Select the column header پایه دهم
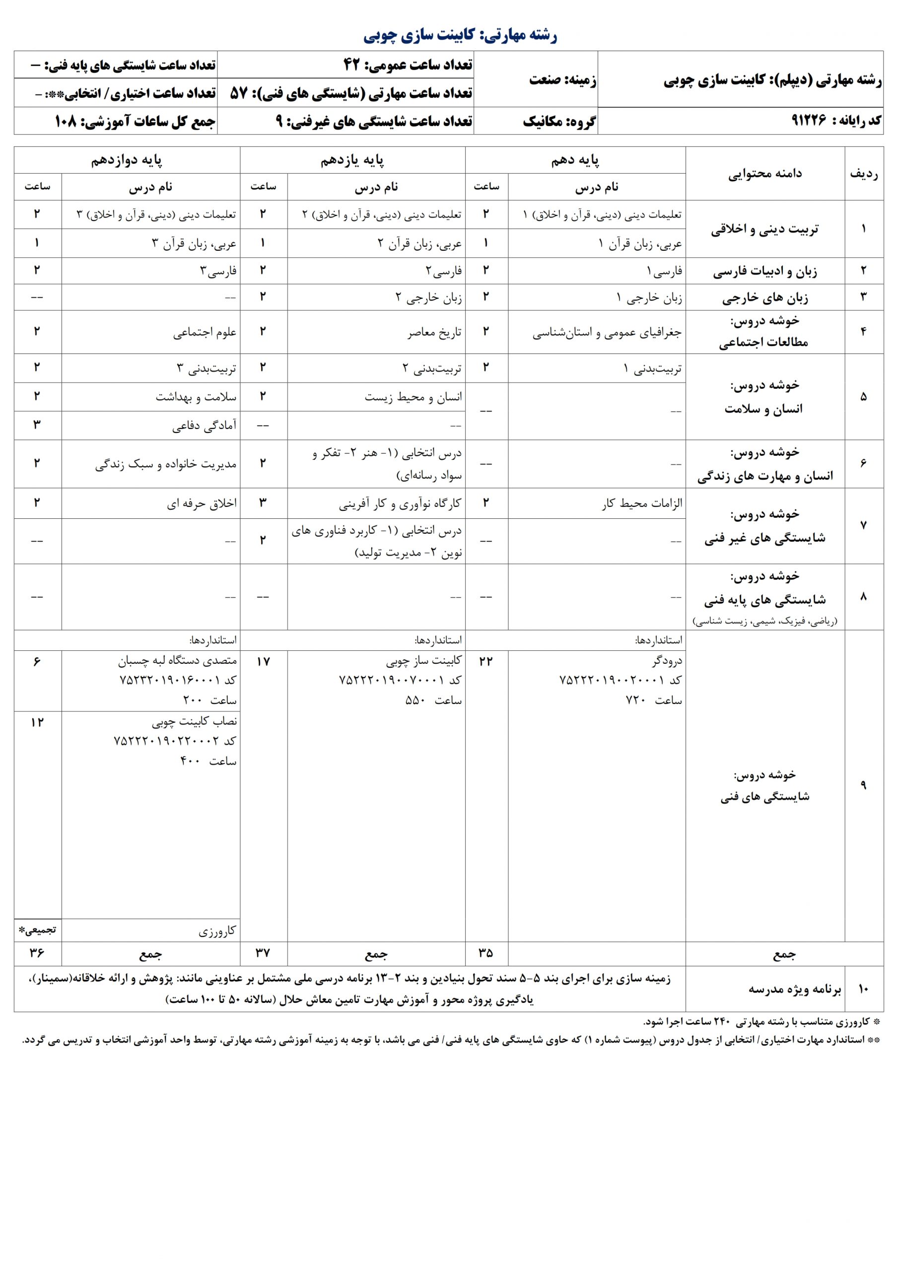coord(575,160)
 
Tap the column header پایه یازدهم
coord(352,160)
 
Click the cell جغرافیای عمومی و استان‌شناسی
coord(607,333)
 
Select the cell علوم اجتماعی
coord(205,333)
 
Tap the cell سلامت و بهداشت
coord(196,397)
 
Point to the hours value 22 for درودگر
coord(485,661)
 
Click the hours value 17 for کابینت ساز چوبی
coord(263,661)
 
